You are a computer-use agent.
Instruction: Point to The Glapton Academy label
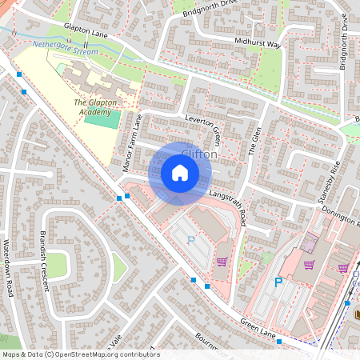pyautogui.click(x=92, y=107)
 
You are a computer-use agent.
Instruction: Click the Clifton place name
pyautogui.click(x=198, y=154)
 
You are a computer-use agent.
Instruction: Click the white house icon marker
pyautogui.click(x=180, y=172)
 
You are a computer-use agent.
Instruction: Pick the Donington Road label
pyautogui.click(x=339, y=210)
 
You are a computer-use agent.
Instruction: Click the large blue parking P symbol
pyautogui.click(x=278, y=282)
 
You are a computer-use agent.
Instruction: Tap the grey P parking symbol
pyautogui.click(x=190, y=239)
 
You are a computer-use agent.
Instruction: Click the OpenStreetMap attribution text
pyautogui.click(x=80, y=354)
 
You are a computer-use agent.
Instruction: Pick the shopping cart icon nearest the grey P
pyautogui.click(x=222, y=262)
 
